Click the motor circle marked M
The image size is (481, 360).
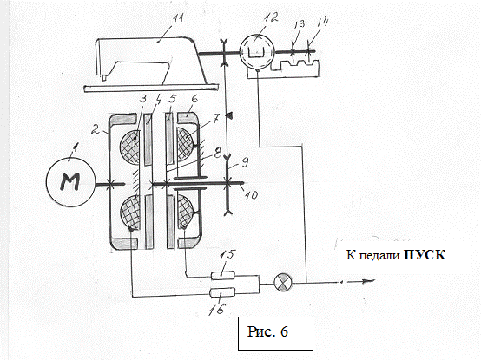[70, 183]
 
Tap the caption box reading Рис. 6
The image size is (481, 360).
[275, 334]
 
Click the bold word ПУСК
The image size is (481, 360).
[425, 255]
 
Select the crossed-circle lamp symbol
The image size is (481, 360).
[283, 282]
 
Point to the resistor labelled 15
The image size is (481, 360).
[223, 275]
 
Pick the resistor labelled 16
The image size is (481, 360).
[222, 292]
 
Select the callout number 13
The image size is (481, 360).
[299, 24]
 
